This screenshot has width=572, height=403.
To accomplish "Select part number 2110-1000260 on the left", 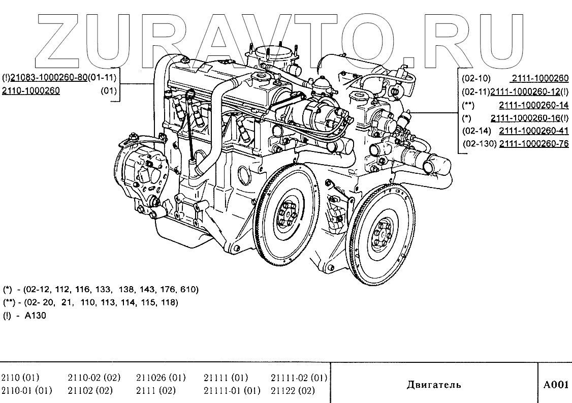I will coord(31,91).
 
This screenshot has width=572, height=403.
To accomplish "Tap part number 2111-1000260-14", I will coord(533,105).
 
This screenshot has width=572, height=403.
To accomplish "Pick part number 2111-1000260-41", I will coord(533,131).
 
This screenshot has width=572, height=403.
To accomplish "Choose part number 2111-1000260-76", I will coord(533,144).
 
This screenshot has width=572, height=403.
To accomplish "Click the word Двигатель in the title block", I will coord(434,385).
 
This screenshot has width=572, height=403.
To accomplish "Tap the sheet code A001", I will coord(556,385).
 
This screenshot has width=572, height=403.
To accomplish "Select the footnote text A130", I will coord(35,315).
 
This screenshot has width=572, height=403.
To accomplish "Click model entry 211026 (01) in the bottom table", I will coord(161,378).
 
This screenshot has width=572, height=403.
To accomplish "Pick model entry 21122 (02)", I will coord(293,391).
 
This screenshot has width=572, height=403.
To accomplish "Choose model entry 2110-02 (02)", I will coord(93,378).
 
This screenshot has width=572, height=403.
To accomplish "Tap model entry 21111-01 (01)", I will coord(232,391).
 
